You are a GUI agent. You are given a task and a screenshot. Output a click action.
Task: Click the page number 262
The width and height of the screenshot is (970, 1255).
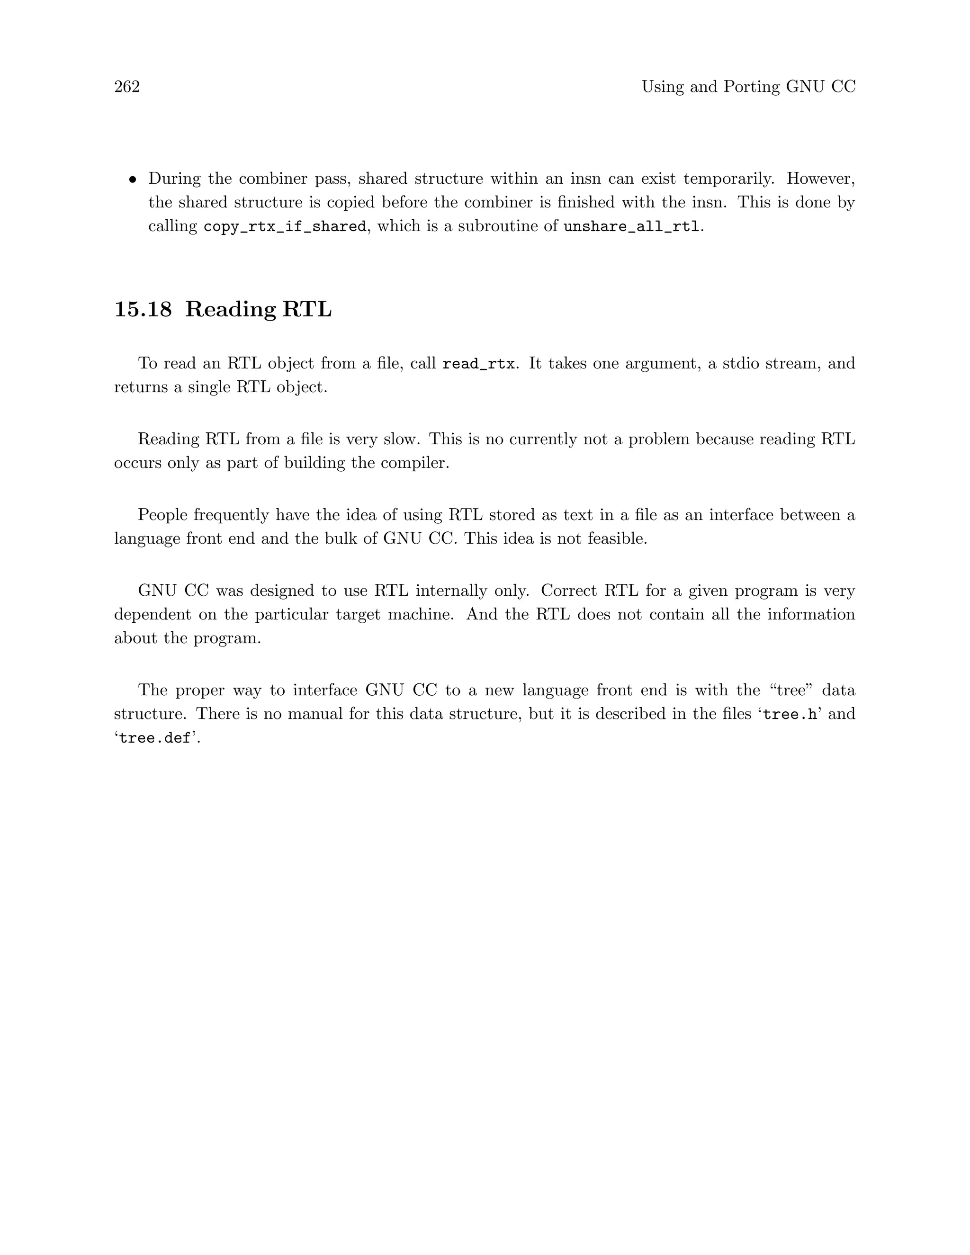pyautogui.click(x=127, y=87)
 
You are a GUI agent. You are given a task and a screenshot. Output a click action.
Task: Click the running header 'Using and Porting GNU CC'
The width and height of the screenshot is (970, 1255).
pyautogui.click(x=748, y=87)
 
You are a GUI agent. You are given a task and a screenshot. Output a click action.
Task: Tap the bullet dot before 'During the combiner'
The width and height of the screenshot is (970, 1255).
pyautogui.click(x=133, y=180)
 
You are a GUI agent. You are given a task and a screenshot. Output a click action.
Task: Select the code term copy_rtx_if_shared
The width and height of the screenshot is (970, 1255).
pyautogui.click(x=285, y=226)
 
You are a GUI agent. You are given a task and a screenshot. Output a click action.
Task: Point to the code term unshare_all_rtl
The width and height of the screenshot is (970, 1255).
pyautogui.click(x=631, y=226)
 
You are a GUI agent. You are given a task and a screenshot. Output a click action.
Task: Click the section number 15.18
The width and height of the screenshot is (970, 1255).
pyautogui.click(x=143, y=309)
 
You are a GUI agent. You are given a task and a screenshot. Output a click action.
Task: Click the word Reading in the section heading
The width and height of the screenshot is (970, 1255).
pyautogui.click(x=231, y=309)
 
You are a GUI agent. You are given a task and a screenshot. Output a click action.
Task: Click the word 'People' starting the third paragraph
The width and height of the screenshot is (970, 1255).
pyautogui.click(x=162, y=515)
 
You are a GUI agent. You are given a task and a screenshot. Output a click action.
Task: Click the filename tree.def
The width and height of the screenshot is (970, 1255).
pyautogui.click(x=155, y=738)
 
